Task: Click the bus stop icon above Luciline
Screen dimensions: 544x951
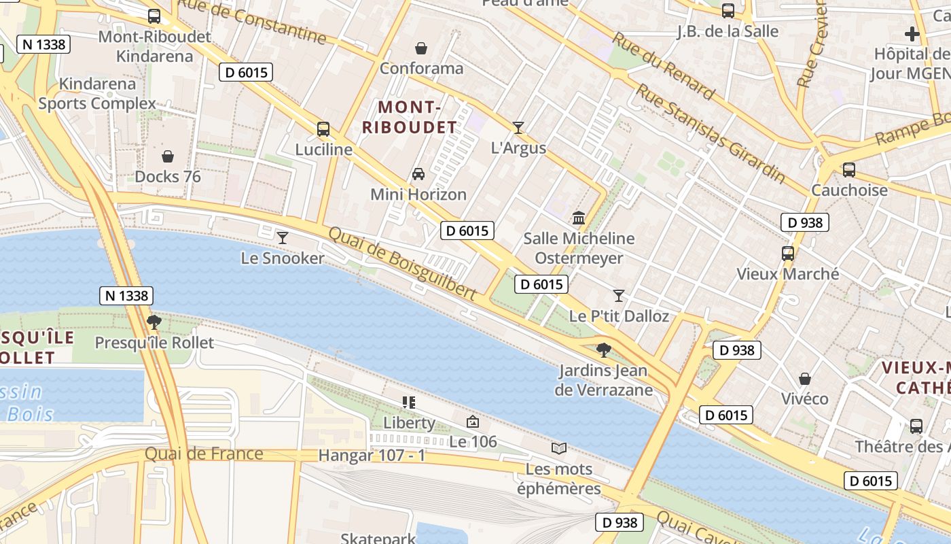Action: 323,129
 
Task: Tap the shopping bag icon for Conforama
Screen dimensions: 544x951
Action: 421,48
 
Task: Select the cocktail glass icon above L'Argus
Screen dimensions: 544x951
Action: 518,127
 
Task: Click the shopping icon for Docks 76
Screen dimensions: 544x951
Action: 168,156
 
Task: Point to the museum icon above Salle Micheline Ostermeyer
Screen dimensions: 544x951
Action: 579,218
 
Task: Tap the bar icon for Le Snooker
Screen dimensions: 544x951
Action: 283,237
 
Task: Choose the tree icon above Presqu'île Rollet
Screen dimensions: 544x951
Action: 154,322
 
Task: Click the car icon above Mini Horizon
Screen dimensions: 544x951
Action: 418,174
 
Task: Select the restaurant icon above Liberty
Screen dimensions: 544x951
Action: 408,403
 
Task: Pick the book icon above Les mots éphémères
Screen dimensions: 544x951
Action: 559,448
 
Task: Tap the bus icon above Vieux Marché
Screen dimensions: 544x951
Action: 788,254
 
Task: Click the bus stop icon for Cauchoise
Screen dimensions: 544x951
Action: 849,170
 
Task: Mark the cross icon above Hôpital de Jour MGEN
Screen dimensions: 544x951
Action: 912,33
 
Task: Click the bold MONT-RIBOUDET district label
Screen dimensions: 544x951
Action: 409,117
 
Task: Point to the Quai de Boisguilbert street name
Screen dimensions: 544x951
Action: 402,263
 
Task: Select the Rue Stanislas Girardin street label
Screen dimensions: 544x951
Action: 709,133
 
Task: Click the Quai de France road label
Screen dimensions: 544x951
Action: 204,454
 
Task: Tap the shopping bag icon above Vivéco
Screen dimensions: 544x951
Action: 805,378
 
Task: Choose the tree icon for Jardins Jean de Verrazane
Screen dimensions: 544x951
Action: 603,350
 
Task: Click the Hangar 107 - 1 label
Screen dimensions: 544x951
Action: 372,456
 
